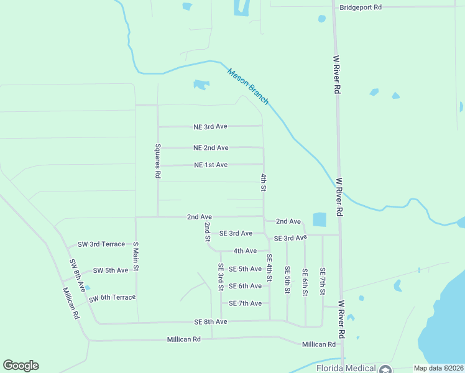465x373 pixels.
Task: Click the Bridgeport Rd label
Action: coord(361,7)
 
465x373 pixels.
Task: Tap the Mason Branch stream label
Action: coord(248,86)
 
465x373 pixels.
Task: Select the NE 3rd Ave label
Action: coord(210,126)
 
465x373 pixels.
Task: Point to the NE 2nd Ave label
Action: coord(211,148)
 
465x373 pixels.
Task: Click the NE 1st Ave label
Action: coord(211,165)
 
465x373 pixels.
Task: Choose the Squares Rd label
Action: coord(158,162)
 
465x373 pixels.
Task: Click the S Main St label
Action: coord(136,259)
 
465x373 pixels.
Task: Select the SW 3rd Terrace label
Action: coord(101,244)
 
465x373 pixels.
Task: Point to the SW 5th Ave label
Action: coord(110,270)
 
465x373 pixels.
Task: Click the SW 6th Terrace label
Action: coord(112,298)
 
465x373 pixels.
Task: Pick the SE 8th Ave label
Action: coord(210,321)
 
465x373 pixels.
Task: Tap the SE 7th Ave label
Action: coord(245,303)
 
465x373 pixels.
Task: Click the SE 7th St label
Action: coord(323,282)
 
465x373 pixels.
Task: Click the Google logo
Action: coord(21,366)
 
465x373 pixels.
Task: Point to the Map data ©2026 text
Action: coord(437,368)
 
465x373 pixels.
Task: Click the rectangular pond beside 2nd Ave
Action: coord(319,219)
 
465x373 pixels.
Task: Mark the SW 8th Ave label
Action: coord(78,275)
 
